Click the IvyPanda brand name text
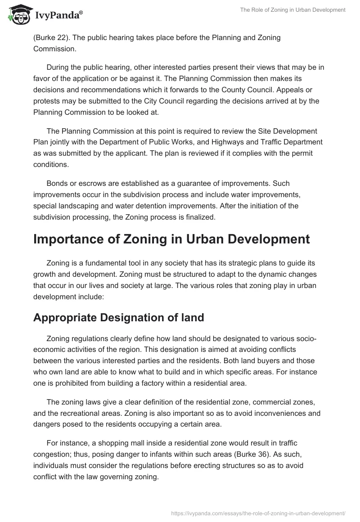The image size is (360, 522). click(58, 15)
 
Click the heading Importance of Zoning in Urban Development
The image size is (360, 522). click(171, 239)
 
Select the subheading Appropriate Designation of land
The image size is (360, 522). click(119, 317)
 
